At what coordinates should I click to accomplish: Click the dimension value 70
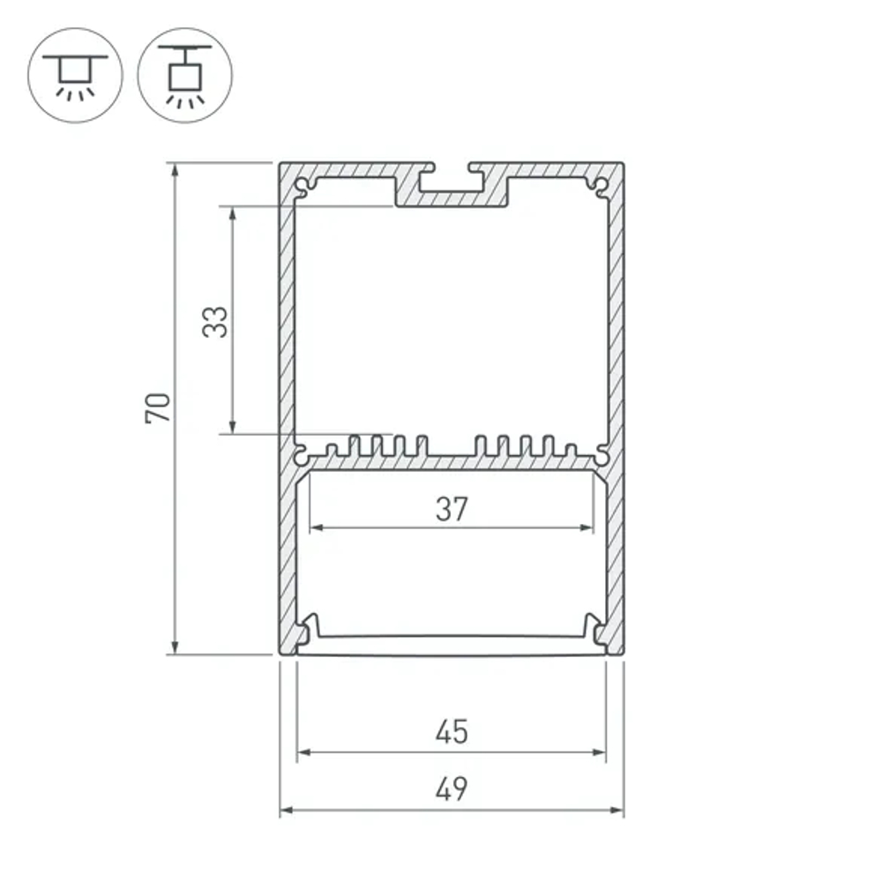pyautogui.click(x=158, y=407)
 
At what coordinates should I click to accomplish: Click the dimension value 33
pyautogui.click(x=214, y=321)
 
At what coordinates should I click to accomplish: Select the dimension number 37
pyautogui.click(x=451, y=510)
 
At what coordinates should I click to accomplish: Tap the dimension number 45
pyautogui.click(x=451, y=732)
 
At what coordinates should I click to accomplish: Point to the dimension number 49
pyautogui.click(x=451, y=789)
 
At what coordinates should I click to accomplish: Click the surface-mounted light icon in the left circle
pyautogui.click(x=75, y=74)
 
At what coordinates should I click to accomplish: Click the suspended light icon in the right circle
pyautogui.click(x=185, y=74)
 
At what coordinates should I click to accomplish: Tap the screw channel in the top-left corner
pyautogui.click(x=303, y=187)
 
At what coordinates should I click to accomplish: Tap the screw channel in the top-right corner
pyautogui.click(x=601, y=186)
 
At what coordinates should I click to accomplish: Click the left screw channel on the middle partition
pyautogui.click(x=303, y=455)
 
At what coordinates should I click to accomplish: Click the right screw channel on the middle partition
pyautogui.click(x=601, y=455)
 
